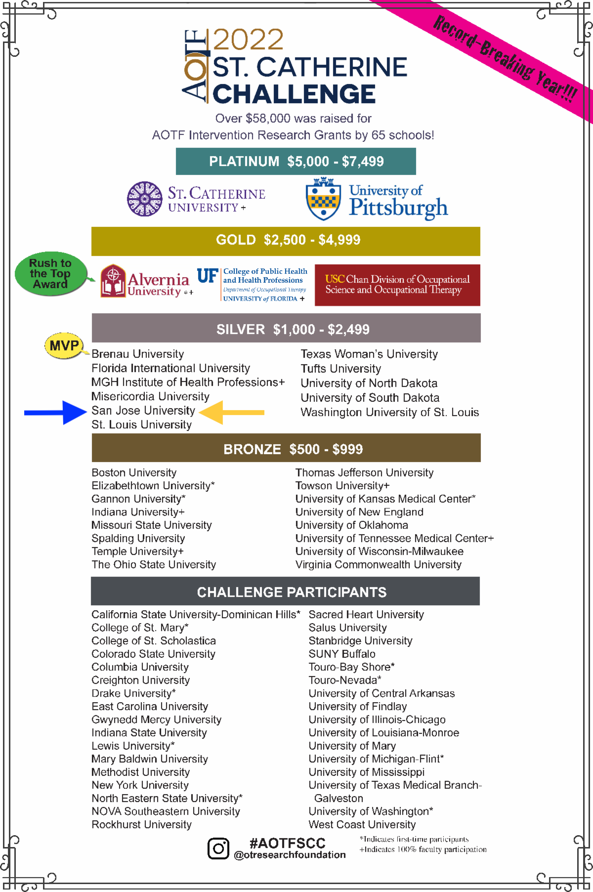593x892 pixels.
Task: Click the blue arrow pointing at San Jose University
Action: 55,413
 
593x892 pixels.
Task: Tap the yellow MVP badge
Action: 64,345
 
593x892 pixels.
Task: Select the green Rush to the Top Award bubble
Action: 50,274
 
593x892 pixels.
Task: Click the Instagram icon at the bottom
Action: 218,849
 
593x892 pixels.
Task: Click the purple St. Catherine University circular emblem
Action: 145,199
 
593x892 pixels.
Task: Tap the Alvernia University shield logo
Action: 113,281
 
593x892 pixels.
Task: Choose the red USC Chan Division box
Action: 397,285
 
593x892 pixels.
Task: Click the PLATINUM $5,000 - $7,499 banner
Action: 296,161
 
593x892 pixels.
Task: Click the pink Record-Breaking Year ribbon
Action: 504,58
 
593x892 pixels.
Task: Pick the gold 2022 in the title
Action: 248,40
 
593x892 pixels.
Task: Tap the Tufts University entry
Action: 340,369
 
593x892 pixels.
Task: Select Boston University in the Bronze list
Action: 134,472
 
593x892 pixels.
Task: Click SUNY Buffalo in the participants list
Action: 342,654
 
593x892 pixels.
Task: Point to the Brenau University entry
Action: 137,354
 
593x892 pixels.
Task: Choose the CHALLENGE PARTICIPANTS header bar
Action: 285,591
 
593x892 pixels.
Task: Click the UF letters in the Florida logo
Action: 208,276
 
